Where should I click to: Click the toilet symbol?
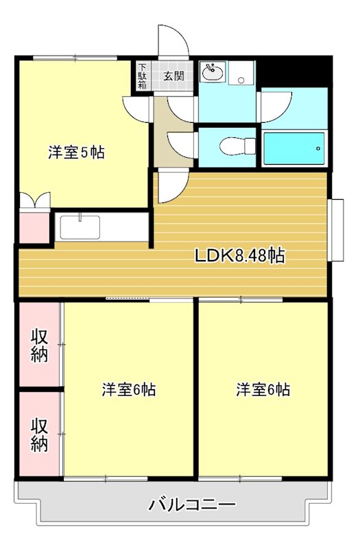(238, 146)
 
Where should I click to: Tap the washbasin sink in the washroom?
(213, 73)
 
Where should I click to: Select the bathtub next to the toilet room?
(294, 148)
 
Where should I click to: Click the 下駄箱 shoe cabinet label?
(143, 76)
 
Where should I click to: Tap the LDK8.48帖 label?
(239, 255)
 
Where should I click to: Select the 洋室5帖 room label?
(76, 152)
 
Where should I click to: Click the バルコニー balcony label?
(193, 505)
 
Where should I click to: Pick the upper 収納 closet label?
(39, 346)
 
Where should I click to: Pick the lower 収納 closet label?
(39, 434)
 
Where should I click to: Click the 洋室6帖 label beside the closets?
(129, 390)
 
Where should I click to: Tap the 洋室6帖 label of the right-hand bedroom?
(263, 390)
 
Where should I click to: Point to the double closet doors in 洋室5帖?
(35, 200)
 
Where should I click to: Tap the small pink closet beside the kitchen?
(34, 228)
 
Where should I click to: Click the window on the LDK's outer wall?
(335, 230)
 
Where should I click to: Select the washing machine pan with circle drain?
(241, 73)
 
